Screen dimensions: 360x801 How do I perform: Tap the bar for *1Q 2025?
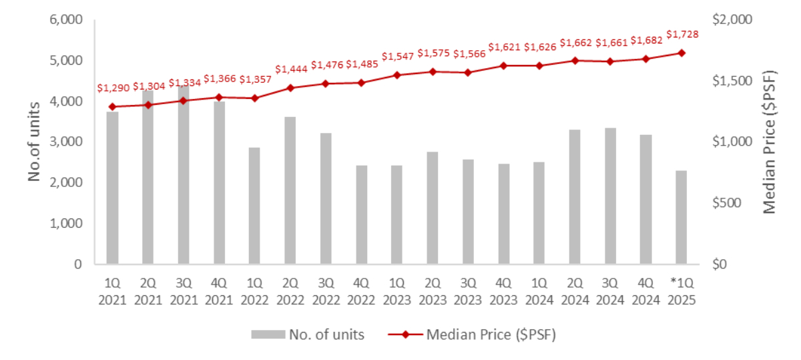click(682, 217)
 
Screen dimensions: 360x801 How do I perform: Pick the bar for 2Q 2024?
click(575, 197)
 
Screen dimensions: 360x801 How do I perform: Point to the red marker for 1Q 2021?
click(113, 107)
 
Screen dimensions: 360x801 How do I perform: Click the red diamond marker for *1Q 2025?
click(682, 53)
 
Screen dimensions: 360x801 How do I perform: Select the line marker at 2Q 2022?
click(290, 87)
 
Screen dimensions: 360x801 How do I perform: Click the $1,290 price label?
click(112, 87)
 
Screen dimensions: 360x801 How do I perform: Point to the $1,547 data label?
click(396, 57)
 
